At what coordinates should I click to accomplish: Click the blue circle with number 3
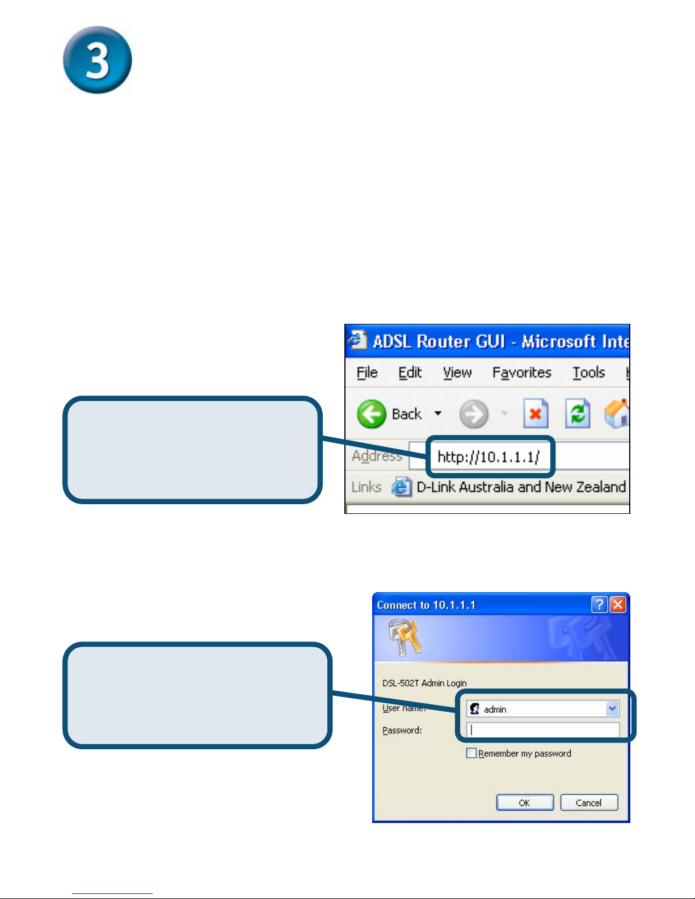tap(97, 60)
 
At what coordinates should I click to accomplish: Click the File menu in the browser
tap(367, 373)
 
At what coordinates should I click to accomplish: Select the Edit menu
tap(410, 373)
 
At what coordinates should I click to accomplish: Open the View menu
tap(457, 373)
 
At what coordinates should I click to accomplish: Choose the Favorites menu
tap(521, 373)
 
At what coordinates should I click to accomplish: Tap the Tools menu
tap(588, 373)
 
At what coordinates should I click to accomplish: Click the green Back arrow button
tap(372, 414)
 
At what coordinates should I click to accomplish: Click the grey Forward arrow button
tap(474, 414)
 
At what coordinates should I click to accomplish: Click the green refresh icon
tap(578, 413)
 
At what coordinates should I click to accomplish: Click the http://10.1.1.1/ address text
tap(488, 457)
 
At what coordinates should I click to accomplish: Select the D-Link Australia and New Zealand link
tap(520, 487)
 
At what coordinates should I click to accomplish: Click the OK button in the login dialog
tap(525, 803)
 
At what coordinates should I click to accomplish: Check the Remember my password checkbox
tap(471, 753)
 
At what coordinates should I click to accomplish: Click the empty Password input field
tap(542, 730)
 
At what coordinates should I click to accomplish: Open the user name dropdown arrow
tap(612, 708)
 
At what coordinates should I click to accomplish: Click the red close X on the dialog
tap(618, 605)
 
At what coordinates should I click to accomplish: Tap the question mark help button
tap(599, 605)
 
